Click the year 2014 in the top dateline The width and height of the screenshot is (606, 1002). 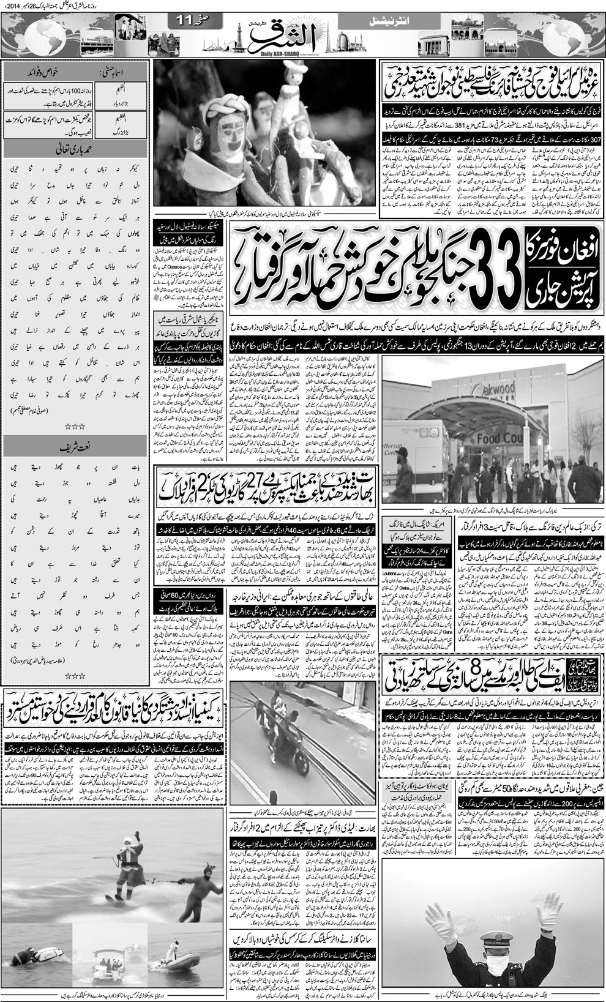point(593,5)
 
